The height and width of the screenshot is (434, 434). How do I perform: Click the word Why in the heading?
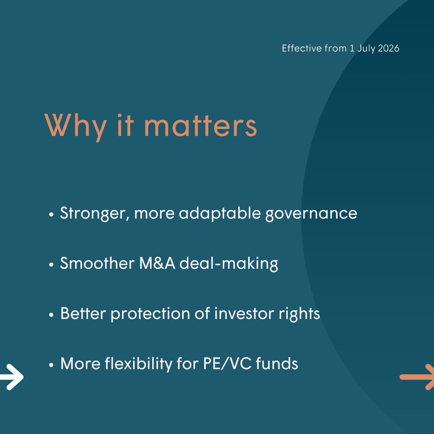click(75, 126)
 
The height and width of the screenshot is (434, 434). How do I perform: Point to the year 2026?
click(389, 48)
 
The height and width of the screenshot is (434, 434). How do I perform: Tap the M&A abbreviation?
click(157, 263)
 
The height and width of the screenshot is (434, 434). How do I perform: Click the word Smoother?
click(97, 263)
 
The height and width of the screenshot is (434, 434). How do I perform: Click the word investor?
click(244, 314)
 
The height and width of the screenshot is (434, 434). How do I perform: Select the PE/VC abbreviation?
click(227, 363)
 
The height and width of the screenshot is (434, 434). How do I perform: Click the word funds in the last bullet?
click(277, 363)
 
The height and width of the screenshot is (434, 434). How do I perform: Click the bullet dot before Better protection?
click(51, 315)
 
